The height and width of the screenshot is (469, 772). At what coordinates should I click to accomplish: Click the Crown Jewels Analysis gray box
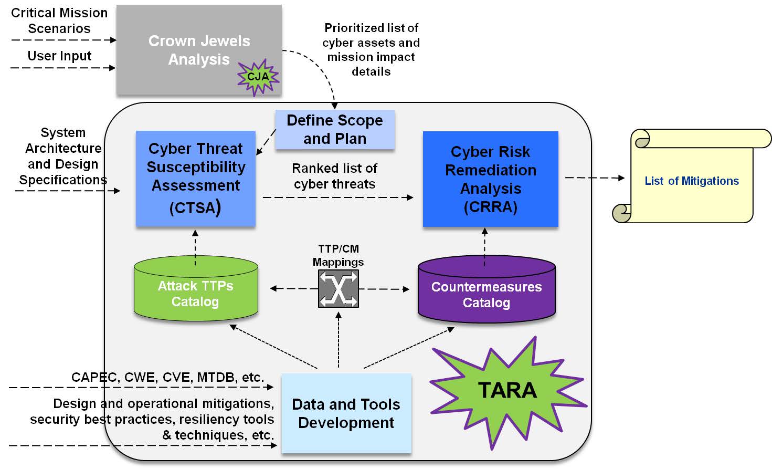click(198, 50)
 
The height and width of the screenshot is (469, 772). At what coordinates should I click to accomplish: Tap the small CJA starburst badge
click(258, 77)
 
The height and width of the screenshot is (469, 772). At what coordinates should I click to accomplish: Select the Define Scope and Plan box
click(335, 129)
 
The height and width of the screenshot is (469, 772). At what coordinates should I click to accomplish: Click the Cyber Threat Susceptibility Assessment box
click(195, 178)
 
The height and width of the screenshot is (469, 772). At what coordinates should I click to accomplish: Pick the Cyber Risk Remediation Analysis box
click(490, 179)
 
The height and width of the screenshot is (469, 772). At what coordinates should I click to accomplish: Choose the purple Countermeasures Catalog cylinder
click(487, 292)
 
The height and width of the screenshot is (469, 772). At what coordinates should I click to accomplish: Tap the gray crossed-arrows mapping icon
click(339, 288)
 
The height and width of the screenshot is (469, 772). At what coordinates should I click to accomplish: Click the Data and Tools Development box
click(346, 413)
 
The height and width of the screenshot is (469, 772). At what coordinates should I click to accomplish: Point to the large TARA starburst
click(507, 391)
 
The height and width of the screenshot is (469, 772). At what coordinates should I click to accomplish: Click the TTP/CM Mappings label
click(339, 255)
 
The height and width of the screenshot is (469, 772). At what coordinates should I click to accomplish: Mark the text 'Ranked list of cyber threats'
click(335, 176)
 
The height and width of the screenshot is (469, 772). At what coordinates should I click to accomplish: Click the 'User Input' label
click(59, 56)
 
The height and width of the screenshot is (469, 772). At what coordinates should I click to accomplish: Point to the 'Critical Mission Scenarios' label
click(59, 20)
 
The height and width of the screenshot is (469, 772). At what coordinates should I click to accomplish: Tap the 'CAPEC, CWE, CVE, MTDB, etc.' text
click(168, 377)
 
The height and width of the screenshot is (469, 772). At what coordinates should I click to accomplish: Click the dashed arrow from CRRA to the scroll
click(594, 178)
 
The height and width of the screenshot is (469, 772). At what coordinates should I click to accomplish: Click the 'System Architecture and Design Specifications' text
click(63, 156)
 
